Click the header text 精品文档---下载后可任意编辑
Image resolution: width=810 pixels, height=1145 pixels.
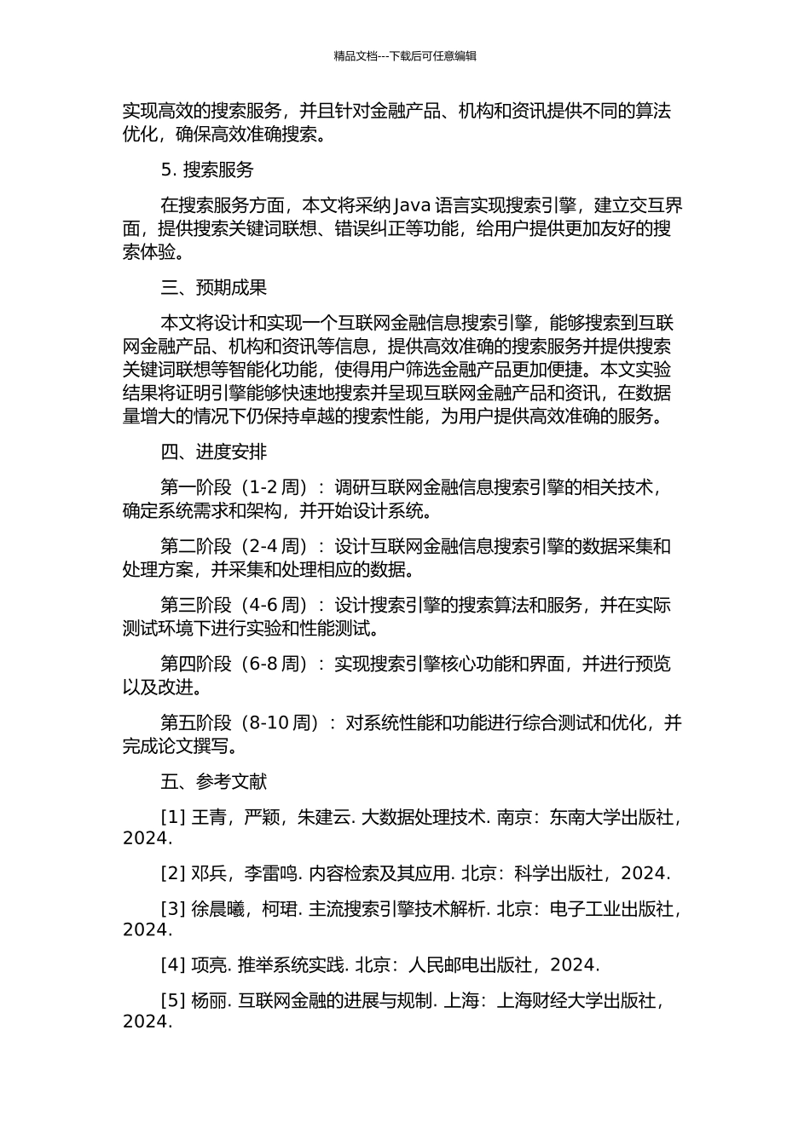(x=405, y=56)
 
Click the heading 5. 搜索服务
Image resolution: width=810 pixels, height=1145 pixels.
(x=207, y=170)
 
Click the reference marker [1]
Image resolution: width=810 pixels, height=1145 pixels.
(x=173, y=817)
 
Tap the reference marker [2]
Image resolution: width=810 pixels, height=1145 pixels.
(x=173, y=873)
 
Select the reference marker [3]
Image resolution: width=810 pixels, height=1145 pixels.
(x=173, y=909)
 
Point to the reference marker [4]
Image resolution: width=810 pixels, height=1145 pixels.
(x=173, y=965)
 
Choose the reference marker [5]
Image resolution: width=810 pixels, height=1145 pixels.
(x=173, y=1001)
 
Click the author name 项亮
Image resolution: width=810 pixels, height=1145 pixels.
(x=208, y=965)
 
